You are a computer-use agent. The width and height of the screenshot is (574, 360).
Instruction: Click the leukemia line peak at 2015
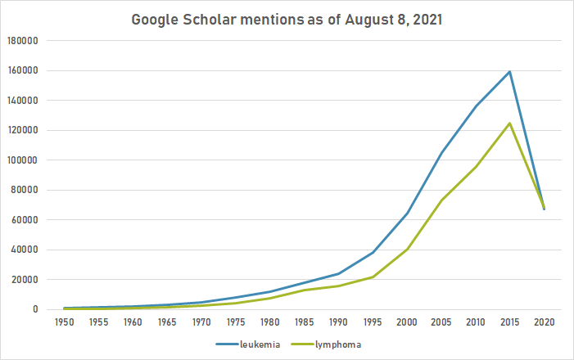pos(510,71)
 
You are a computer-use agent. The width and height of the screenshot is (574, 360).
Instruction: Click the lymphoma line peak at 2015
pos(510,124)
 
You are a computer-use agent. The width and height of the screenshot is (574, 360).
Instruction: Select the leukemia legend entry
pos(260,344)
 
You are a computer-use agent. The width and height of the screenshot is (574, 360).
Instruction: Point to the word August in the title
pos(350,19)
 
